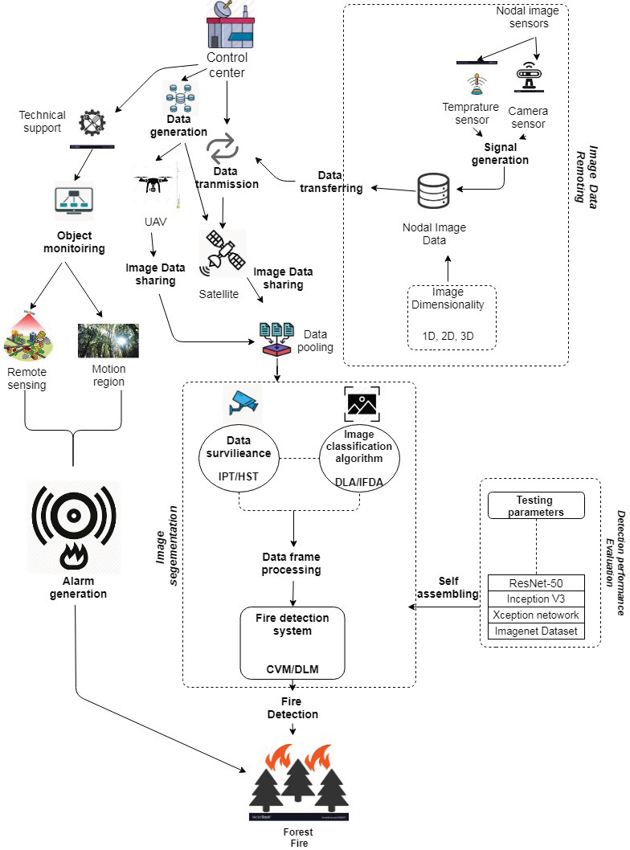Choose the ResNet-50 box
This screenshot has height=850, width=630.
coord(537,582)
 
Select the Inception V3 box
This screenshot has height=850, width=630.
coord(537,599)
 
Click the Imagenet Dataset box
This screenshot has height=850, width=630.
coord(537,631)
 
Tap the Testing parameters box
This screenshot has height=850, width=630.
coord(537,505)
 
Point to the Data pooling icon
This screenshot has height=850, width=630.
coord(278,340)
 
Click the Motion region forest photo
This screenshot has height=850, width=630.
coord(108,341)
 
